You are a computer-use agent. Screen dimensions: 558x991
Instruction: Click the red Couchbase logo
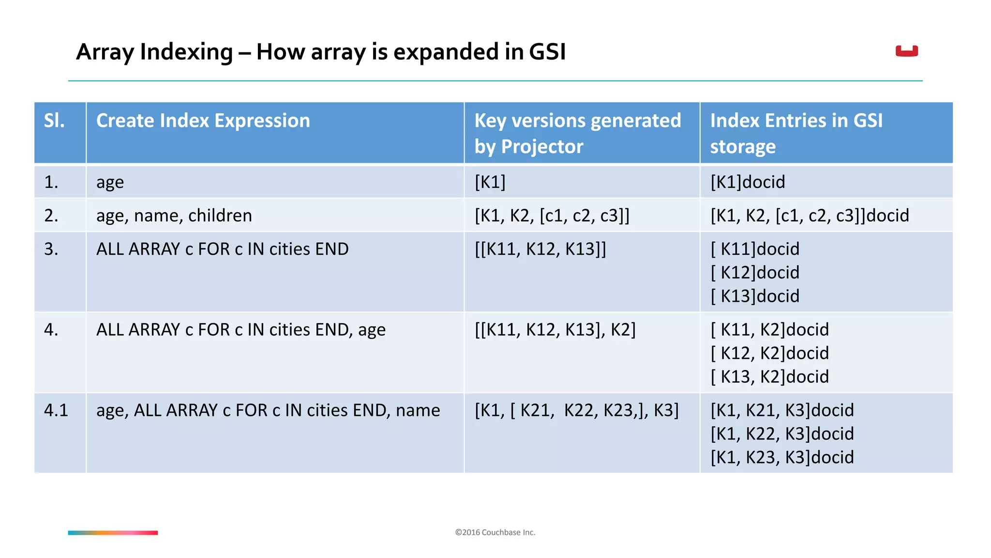(906, 51)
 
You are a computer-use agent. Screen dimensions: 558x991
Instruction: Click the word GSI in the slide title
(547, 52)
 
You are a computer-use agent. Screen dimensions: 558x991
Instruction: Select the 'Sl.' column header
(54, 121)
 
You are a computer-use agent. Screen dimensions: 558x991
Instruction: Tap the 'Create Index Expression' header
(203, 121)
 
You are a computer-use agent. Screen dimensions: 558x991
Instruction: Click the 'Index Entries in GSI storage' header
(796, 133)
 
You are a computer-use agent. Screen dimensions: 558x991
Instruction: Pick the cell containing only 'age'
(110, 182)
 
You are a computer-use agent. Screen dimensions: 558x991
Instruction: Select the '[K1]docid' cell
(748, 182)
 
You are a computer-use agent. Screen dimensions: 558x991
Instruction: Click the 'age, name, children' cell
(174, 216)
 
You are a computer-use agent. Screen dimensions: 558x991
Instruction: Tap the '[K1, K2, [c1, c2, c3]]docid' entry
(810, 216)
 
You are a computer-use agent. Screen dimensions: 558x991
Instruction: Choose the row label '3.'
(51, 249)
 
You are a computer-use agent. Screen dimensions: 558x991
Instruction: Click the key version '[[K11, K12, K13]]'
(540, 249)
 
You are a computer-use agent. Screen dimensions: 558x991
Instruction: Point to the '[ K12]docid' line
(755, 273)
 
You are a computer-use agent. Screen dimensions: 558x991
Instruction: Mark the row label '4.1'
(56, 410)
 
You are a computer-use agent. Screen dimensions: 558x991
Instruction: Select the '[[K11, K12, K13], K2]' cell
(555, 330)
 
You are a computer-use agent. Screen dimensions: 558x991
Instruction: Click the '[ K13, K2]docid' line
(769, 377)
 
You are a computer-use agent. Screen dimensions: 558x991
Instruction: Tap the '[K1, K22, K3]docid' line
(782, 434)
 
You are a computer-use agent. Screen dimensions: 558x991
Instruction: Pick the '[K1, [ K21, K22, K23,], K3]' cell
(576, 410)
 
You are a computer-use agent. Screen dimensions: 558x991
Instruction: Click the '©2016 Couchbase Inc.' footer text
(495, 532)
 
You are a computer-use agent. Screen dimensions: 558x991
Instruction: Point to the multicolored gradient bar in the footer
(113, 533)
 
